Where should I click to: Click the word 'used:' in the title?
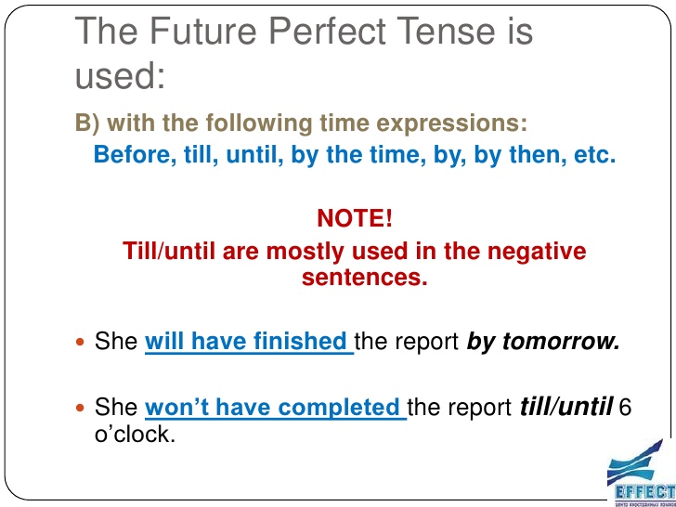(119, 75)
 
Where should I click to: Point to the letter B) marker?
(85, 123)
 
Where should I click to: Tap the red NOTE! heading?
(355, 219)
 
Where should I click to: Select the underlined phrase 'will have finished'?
(247, 342)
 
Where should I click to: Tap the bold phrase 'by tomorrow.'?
(542, 342)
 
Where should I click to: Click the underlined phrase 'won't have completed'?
(274, 408)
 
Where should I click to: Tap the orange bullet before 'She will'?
(80, 343)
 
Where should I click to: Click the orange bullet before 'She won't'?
(80, 409)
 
